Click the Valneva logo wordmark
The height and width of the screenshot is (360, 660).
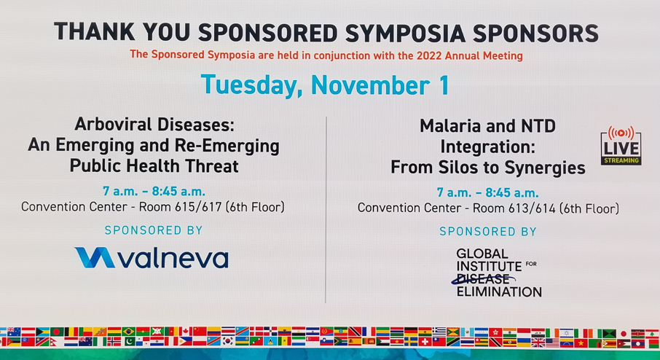[x=173, y=258]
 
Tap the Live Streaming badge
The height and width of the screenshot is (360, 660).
[x=621, y=145]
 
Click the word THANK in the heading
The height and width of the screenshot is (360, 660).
[x=94, y=32]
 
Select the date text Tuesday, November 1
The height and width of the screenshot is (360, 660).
[x=324, y=85]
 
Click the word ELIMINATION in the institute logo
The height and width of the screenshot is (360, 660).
[x=499, y=291]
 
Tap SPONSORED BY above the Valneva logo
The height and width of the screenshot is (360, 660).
[x=154, y=230]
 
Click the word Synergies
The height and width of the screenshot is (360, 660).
[x=545, y=168]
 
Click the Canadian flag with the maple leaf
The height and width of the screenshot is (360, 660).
[x=186, y=332]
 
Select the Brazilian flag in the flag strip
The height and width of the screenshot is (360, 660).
[x=129, y=332]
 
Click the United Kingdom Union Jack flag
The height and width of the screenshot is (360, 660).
[x=538, y=343]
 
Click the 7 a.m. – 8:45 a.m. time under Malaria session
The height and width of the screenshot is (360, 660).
[x=488, y=193]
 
